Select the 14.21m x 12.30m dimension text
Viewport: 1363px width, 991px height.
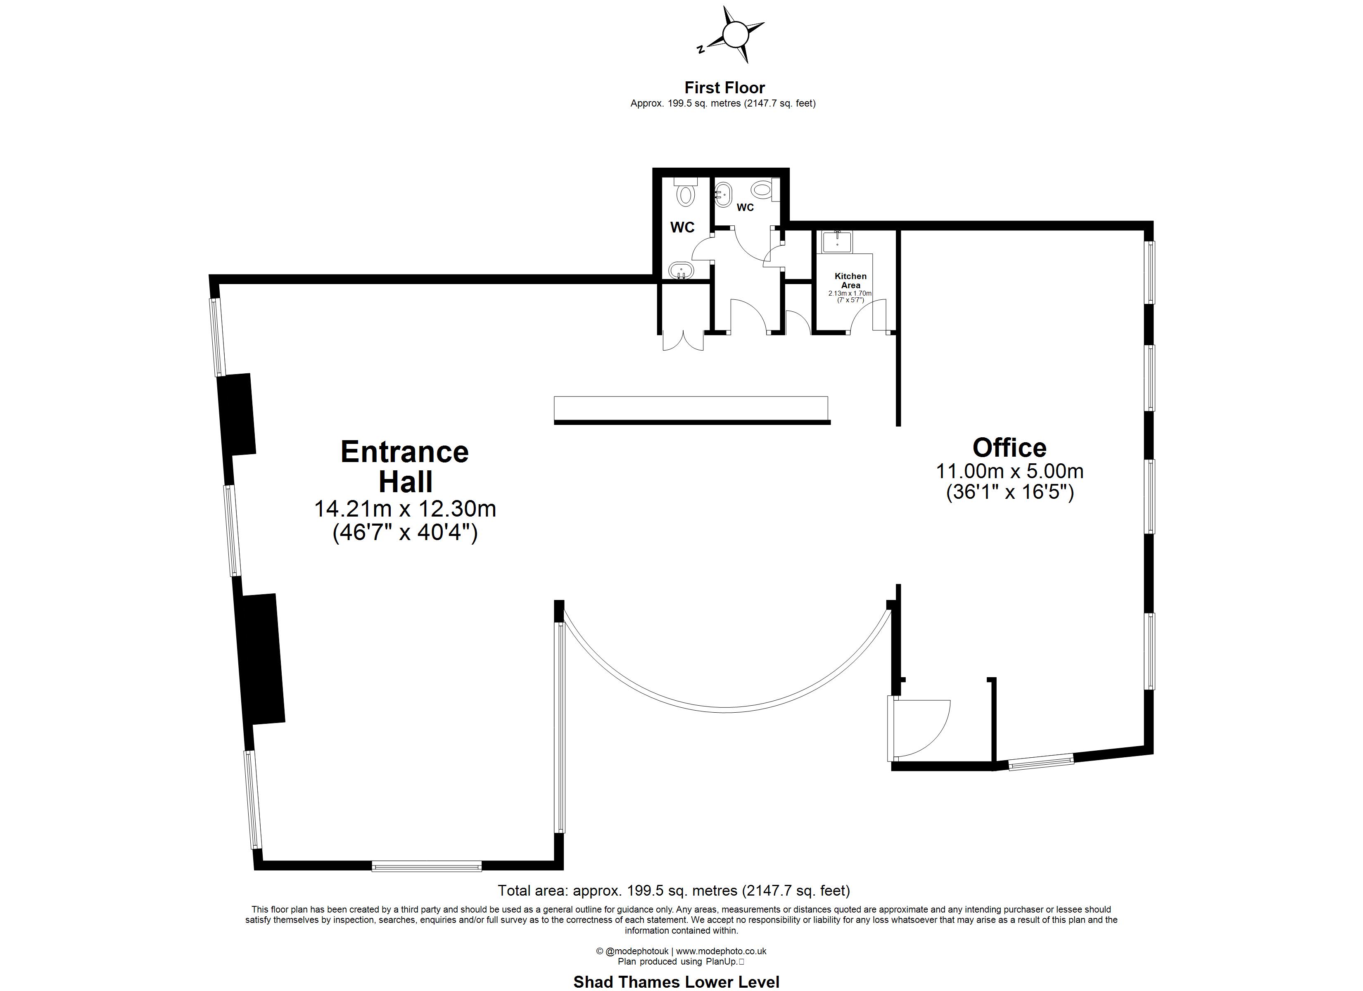[x=405, y=509]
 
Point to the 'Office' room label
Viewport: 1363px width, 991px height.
[x=1009, y=448]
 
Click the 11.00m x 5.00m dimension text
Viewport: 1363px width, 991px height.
[x=1009, y=471]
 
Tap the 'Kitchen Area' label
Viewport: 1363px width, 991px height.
[x=850, y=281]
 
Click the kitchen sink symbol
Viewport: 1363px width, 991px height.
[x=836, y=241]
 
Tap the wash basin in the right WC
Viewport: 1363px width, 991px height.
[x=723, y=194]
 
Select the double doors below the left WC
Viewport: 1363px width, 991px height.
[x=683, y=341]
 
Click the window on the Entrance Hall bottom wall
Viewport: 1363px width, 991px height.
[x=427, y=866]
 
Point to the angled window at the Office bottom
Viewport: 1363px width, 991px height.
[x=1041, y=761]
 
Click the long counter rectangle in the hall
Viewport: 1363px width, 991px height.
[x=691, y=410]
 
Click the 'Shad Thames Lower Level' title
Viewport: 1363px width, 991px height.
[x=676, y=982]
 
